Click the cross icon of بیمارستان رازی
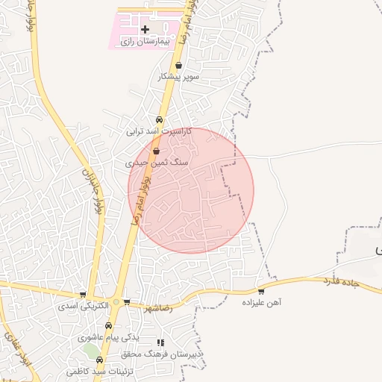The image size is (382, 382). point(145,30)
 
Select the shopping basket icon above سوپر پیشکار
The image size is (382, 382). point(178,66)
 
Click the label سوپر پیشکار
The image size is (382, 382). point(178,77)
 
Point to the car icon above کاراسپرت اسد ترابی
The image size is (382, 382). point(159,119)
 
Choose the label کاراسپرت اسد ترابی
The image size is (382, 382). point(158,131)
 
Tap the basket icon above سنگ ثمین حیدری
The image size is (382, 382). point(156,151)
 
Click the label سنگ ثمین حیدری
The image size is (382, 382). point(157,162)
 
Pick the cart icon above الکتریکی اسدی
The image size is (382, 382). point(83,295)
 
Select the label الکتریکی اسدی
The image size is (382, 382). point(84,306)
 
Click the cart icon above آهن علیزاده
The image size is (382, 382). point(261,292)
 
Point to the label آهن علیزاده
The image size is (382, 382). point(261,303)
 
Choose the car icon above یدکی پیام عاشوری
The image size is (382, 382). point(109,326)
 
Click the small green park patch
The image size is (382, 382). point(92,349)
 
